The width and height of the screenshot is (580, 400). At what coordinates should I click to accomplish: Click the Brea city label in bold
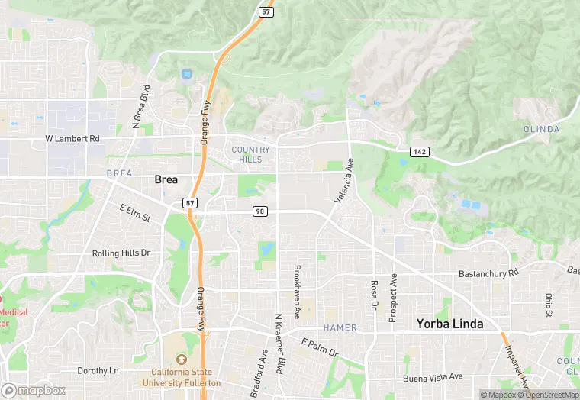(x=166, y=179)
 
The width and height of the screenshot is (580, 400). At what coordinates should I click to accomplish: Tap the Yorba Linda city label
(x=449, y=324)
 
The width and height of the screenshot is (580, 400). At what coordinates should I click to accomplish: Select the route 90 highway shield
(x=261, y=211)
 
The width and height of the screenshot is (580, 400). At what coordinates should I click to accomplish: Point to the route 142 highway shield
(x=418, y=152)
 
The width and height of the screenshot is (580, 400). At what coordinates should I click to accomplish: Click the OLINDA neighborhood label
(x=541, y=129)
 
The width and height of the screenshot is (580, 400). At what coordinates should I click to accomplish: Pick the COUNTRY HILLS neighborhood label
(x=250, y=154)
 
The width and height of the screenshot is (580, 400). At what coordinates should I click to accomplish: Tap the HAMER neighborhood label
(x=340, y=327)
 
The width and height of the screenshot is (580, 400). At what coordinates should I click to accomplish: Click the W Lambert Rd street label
(x=72, y=139)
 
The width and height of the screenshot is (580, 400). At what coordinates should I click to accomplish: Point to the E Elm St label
(x=135, y=213)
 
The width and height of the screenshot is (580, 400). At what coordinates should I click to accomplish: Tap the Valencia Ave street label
(x=345, y=180)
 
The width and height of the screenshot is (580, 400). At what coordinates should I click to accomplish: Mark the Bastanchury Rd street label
(x=488, y=273)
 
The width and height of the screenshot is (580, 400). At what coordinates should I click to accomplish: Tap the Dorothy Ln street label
(x=98, y=371)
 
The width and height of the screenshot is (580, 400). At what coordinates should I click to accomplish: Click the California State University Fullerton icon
(x=181, y=360)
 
